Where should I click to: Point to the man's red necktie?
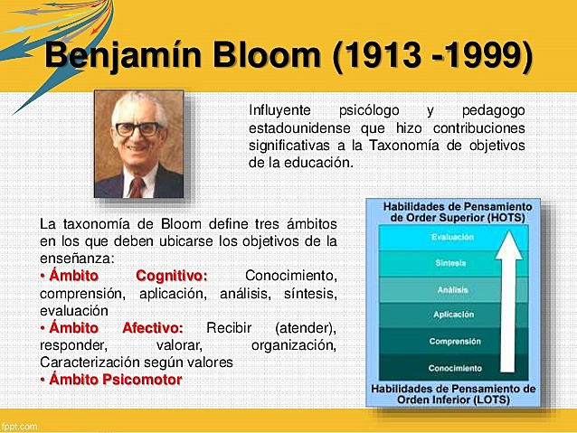click(x=137, y=186)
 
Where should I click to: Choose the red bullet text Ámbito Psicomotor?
click(x=114, y=380)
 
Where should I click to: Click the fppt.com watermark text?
click(x=19, y=425)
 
